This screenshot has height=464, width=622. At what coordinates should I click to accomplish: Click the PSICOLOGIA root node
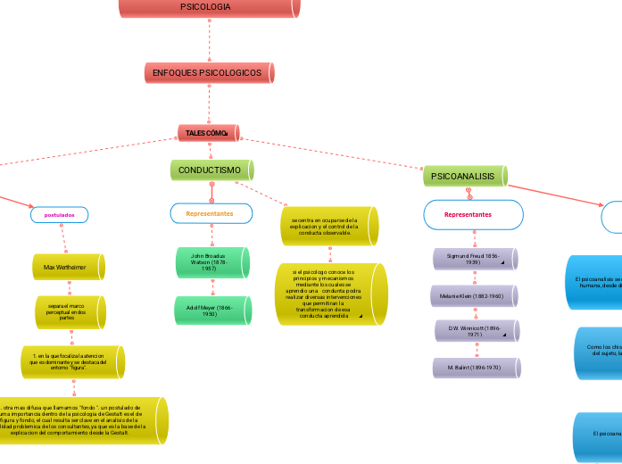(x=209, y=7)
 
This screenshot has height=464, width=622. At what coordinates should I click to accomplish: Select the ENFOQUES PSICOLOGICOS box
(x=209, y=72)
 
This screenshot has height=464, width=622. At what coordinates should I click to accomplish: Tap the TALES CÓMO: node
(x=209, y=133)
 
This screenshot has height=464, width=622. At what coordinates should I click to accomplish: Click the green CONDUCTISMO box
(x=211, y=170)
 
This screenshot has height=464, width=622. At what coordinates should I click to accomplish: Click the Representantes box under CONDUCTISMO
(x=211, y=214)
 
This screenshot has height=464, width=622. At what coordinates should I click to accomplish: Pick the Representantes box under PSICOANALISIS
(x=469, y=215)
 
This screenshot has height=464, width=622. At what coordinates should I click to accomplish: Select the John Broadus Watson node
(x=211, y=261)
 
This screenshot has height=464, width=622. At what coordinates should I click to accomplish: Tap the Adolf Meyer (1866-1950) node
(x=211, y=310)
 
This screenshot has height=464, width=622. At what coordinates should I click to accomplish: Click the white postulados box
(x=60, y=215)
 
